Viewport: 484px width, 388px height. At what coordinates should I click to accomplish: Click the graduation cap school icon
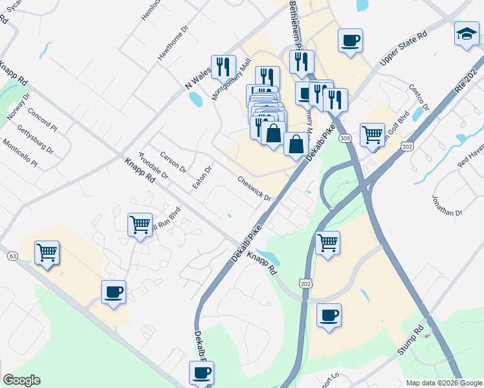point(466,34)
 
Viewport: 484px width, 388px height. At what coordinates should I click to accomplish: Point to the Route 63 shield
point(12,256)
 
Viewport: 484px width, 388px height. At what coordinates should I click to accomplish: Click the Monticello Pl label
point(19,153)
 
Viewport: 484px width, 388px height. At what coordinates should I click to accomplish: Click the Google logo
point(21,380)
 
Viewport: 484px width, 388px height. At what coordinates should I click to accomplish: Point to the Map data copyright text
point(443,383)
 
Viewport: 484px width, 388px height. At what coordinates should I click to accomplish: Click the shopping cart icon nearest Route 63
point(47,252)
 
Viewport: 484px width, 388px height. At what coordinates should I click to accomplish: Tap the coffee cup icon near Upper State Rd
point(350,41)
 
